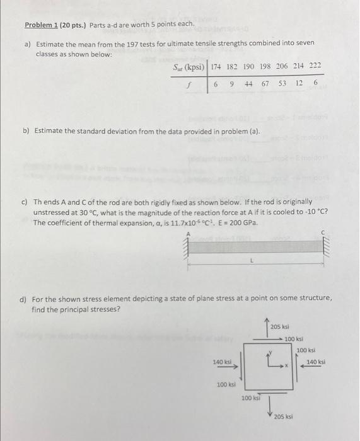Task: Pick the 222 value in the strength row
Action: (315, 66)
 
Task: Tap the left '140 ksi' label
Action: (223, 362)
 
